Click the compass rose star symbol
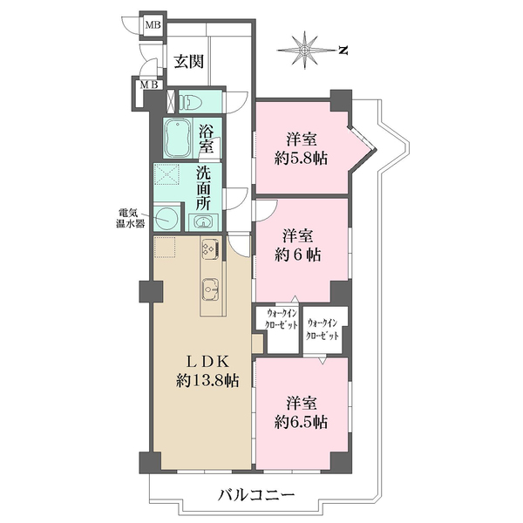(x=306, y=51)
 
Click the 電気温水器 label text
(x=132, y=217)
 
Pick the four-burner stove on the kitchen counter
(x=209, y=249)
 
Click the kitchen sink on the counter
(x=210, y=287)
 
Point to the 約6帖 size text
(x=301, y=255)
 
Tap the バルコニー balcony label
(x=256, y=497)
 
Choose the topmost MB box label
(x=152, y=24)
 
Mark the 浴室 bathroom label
(x=207, y=139)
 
